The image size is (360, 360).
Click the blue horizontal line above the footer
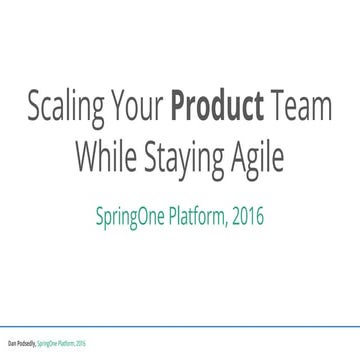[x=180, y=332]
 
